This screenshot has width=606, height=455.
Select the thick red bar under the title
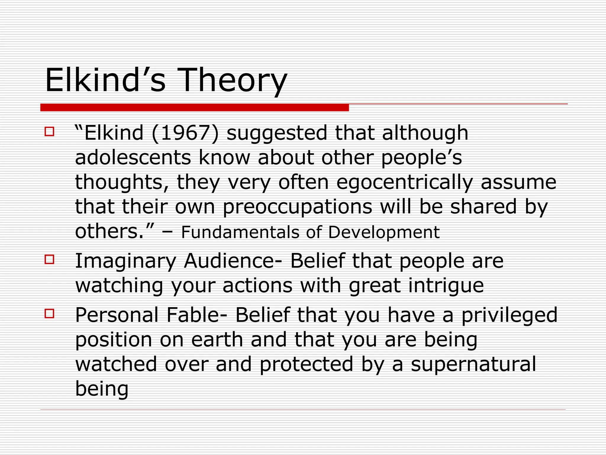[x=194, y=108]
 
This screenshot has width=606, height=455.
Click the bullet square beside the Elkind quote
[x=49, y=132]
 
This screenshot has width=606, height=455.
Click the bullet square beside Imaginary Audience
[x=49, y=259]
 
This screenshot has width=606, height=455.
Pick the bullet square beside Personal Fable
[x=49, y=313]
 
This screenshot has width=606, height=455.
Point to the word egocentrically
[x=404, y=182]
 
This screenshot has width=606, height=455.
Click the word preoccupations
[x=297, y=207]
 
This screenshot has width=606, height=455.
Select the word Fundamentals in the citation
[x=240, y=232]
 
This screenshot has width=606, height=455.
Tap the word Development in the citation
[x=383, y=232]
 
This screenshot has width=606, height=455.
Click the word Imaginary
[x=126, y=261]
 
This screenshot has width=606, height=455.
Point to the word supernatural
[x=473, y=364]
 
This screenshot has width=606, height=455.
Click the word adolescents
[x=133, y=157]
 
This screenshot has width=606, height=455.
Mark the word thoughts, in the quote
[x=122, y=182]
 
